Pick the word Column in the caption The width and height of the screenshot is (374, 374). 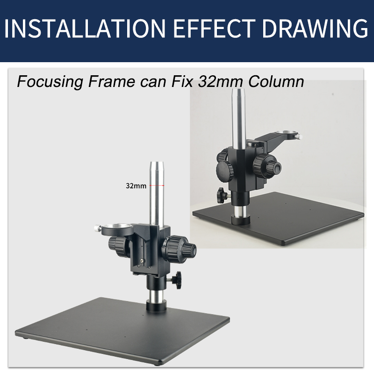click(276, 82)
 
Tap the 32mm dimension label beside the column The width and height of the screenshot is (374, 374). click(136, 186)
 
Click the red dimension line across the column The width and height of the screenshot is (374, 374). click(156, 186)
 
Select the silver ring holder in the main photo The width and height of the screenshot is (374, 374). click(116, 230)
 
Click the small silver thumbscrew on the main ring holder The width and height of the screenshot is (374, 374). click(96, 228)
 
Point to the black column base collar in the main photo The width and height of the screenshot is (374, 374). click(156, 306)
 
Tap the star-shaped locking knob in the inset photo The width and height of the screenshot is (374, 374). click(221, 194)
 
